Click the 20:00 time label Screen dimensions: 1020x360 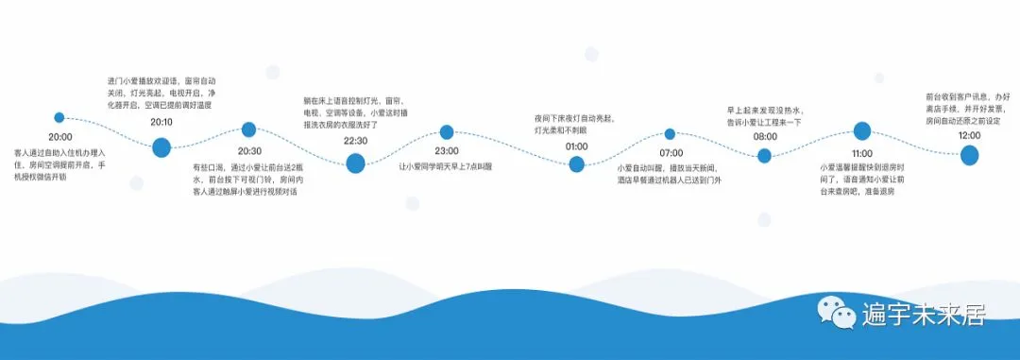60,137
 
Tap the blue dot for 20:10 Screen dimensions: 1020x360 161,146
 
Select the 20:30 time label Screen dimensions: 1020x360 249,150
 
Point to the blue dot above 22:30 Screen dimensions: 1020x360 355,163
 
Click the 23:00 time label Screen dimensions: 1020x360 447,151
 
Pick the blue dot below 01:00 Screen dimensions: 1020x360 577,164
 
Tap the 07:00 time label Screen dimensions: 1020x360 671,153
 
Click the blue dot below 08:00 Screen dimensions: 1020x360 765,156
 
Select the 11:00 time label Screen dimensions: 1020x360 861,153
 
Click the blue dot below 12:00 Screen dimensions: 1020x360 969,156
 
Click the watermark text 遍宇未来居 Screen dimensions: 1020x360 923,313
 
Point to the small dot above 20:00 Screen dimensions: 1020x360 59,118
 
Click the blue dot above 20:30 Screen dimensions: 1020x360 249,129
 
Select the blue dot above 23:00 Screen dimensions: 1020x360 447,131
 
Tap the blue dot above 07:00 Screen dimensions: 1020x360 671,134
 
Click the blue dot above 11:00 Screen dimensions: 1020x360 861,131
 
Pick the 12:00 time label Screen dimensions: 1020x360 969,136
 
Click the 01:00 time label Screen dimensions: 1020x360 577,146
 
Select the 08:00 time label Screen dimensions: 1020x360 765,137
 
